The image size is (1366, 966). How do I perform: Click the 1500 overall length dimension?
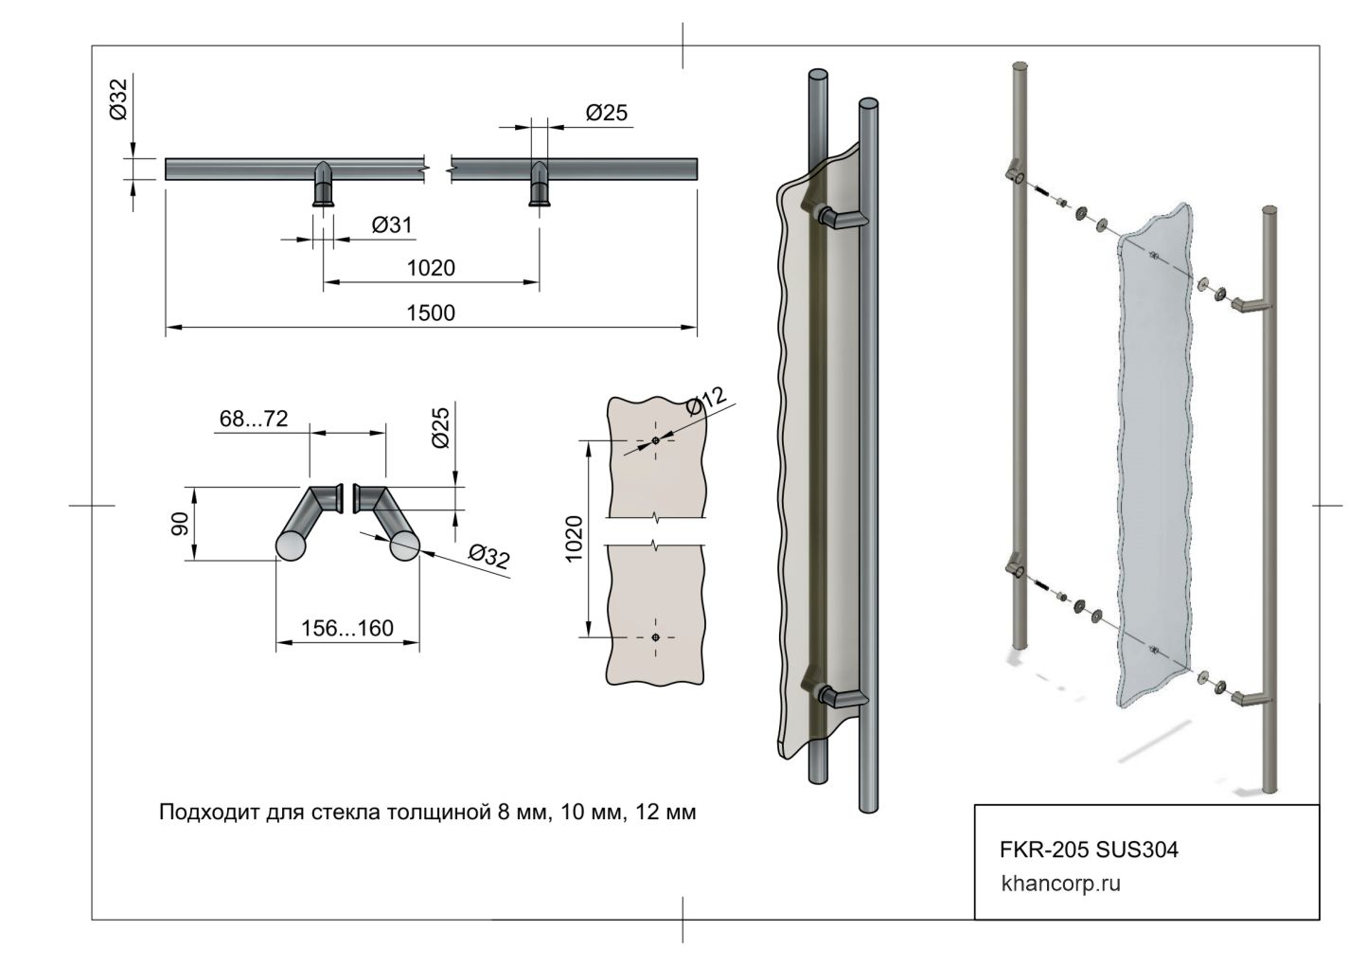(x=431, y=313)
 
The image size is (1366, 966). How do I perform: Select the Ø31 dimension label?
(x=392, y=225)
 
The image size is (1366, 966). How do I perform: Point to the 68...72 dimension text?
(x=253, y=419)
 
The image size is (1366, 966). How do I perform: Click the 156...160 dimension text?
(x=346, y=629)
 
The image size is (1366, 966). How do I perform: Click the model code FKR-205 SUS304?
(x=1089, y=850)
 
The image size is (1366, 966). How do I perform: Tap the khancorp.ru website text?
(x=1060, y=885)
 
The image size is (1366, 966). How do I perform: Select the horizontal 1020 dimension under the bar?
(x=431, y=268)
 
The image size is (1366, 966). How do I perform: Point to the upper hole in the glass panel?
(x=655, y=441)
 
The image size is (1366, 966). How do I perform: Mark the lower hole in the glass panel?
(x=655, y=638)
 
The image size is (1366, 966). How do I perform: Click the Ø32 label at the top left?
(x=118, y=99)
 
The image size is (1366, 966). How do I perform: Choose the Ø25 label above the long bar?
(x=606, y=114)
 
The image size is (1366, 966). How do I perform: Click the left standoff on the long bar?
(x=323, y=184)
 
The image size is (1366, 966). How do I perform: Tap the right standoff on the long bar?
(x=540, y=184)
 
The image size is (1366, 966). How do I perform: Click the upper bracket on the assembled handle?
(x=837, y=219)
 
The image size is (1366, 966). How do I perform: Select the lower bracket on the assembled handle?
(x=837, y=697)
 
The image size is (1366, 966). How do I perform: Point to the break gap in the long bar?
(x=437, y=170)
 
